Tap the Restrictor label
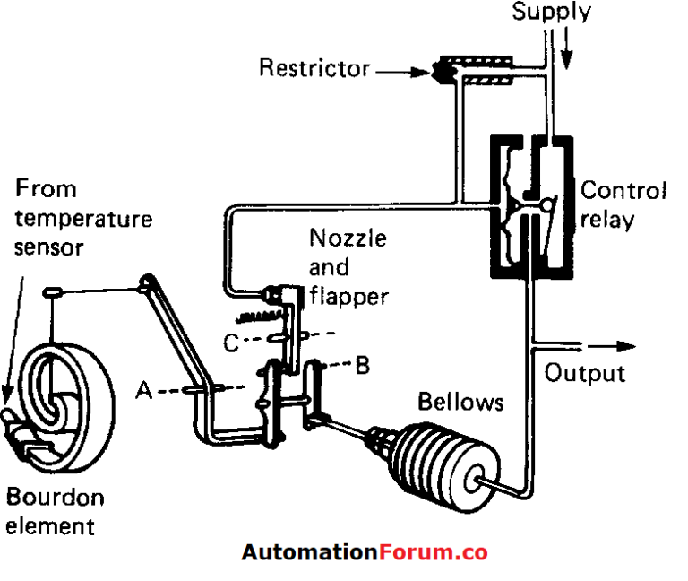[x=314, y=67]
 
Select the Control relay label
[x=623, y=204]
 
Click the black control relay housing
[x=529, y=205]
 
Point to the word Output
[x=585, y=372]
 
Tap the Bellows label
[x=460, y=403]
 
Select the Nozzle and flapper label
[x=348, y=266]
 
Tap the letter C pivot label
[x=232, y=342]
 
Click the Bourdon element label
[x=55, y=510]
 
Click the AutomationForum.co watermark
[x=364, y=552]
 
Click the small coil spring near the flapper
[x=260, y=315]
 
